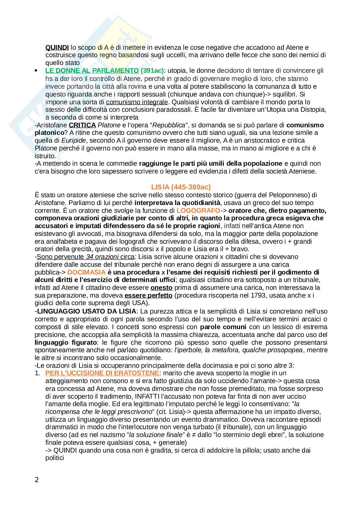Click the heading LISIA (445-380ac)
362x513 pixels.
click(x=181, y=187)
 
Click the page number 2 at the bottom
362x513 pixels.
click(x=37, y=480)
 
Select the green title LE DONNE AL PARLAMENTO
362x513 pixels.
click(x=92, y=71)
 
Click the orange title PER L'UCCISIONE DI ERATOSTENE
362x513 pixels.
click(x=102, y=373)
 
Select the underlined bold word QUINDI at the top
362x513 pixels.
click(x=54, y=47)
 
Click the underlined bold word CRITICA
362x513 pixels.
click(x=82, y=125)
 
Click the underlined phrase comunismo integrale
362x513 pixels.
click(x=137, y=102)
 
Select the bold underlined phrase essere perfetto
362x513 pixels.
click(x=148, y=295)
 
